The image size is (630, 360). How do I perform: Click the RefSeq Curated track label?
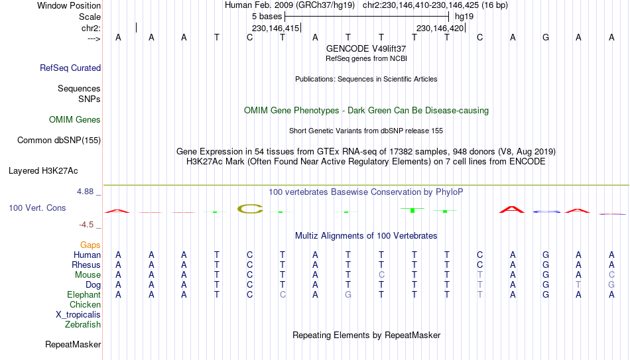tap(70, 68)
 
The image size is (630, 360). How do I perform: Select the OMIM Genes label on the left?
tap(75, 120)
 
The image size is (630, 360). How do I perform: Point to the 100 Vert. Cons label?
tap(37, 208)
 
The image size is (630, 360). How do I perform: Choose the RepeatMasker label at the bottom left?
tap(73, 345)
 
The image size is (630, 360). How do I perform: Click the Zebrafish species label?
tap(83, 325)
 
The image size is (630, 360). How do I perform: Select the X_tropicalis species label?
tap(78, 315)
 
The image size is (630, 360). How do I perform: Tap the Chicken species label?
tap(86, 305)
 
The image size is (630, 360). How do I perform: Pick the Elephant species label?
tap(84, 295)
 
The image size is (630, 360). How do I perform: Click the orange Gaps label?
tap(90, 245)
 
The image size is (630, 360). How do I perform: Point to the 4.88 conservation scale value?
tap(86, 192)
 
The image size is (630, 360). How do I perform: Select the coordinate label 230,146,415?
tap(275, 29)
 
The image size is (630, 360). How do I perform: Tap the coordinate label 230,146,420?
tap(440, 29)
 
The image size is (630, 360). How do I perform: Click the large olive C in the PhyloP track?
tap(250, 209)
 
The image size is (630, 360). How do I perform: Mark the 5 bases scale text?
tap(267, 16)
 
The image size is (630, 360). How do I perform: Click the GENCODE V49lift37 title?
tap(366, 49)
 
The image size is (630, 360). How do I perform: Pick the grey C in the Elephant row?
tap(283, 295)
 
